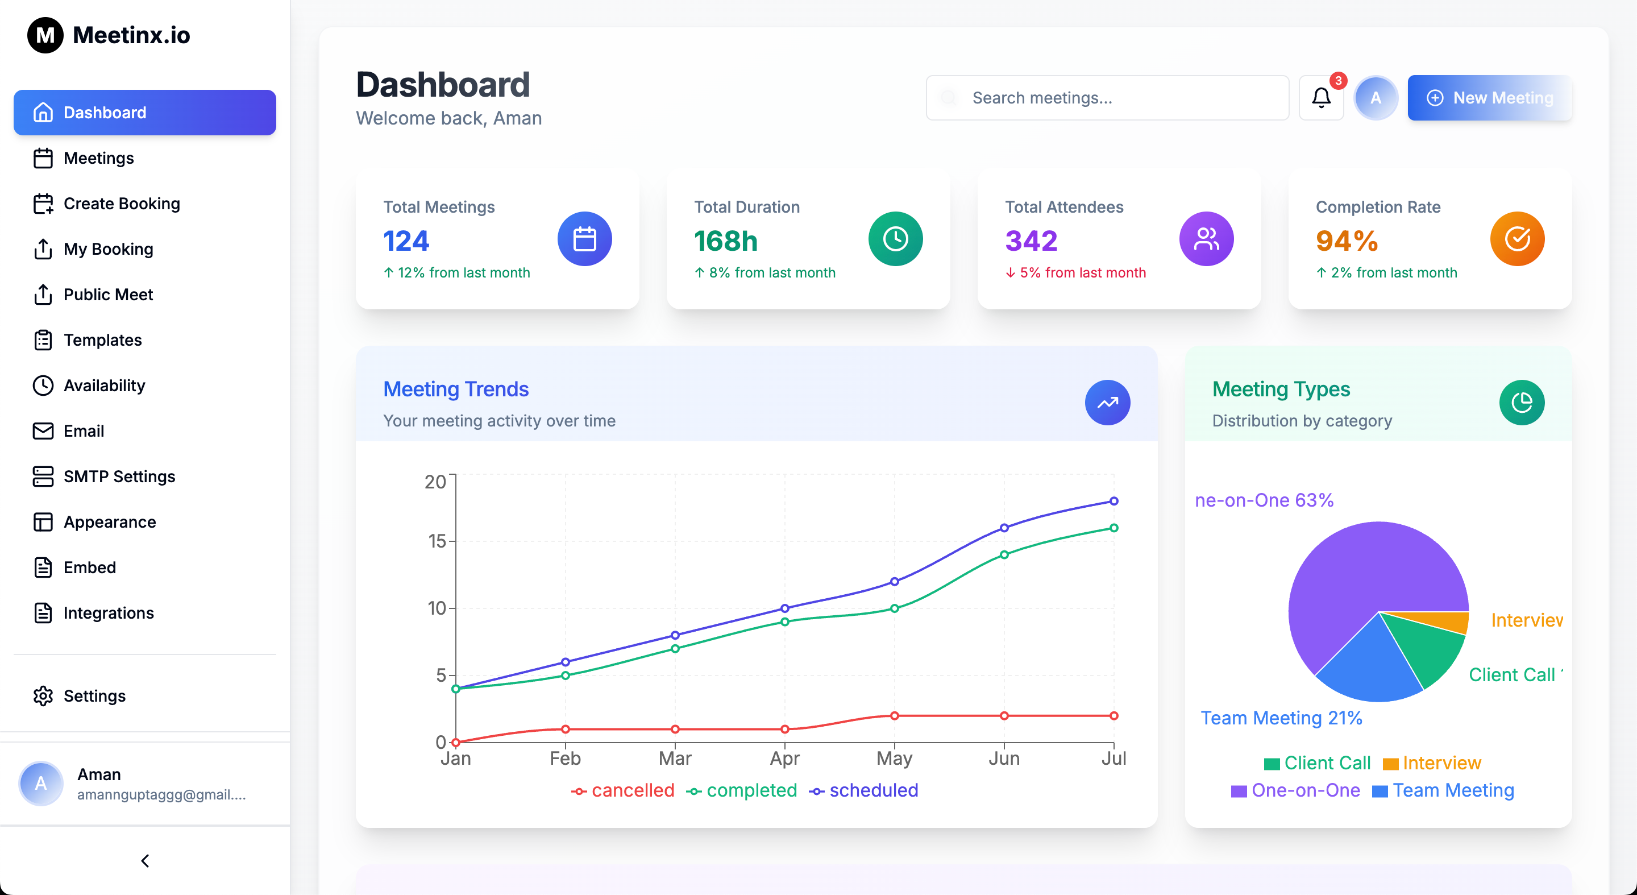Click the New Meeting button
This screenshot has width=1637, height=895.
[1489, 98]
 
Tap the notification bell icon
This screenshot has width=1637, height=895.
[1320, 98]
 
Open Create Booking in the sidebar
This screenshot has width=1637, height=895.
[122, 204]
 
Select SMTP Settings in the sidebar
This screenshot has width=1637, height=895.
[119, 476]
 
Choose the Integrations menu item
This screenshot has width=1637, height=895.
[108, 613]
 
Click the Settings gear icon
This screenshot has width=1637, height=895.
[43, 696]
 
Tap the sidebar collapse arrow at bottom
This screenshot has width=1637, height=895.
[145, 861]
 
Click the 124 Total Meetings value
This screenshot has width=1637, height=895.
[406, 241]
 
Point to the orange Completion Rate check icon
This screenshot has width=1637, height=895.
[1517, 239]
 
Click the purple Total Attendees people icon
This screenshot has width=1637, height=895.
[1206, 239]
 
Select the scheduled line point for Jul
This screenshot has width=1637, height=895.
[1114, 501]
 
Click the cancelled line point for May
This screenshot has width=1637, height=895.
[894, 716]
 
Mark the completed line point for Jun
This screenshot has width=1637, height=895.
[1004, 555]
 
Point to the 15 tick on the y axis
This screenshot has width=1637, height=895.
[437, 541]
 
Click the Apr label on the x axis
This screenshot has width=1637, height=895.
[784, 759]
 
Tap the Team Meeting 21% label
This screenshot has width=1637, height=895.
[1281, 718]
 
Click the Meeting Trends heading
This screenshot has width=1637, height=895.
[456, 389]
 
